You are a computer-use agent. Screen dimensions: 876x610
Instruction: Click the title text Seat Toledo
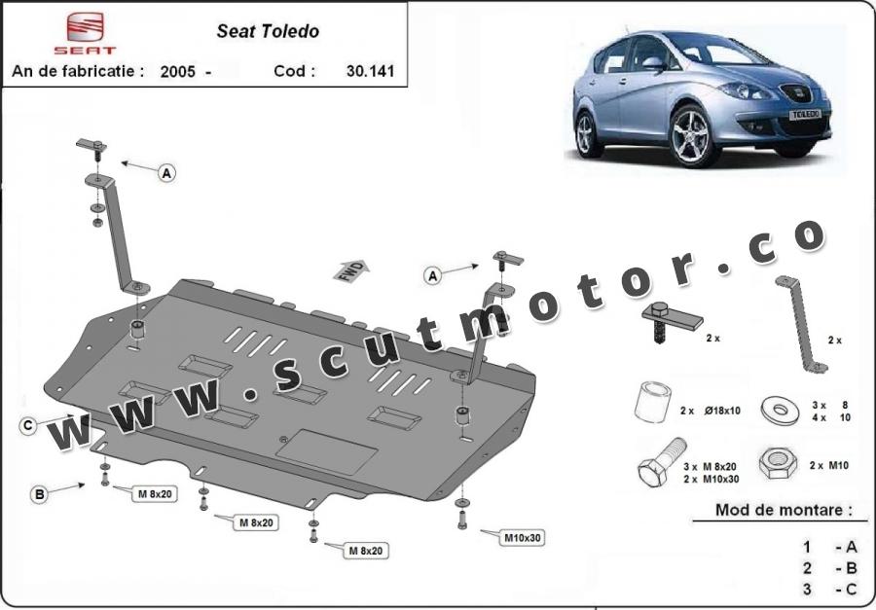[268, 31]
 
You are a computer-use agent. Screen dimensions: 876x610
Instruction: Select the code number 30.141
[370, 71]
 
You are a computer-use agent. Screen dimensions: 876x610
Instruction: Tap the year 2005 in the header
[178, 71]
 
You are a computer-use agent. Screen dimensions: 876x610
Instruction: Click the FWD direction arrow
[350, 270]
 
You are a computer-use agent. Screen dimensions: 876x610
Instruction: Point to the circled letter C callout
[27, 426]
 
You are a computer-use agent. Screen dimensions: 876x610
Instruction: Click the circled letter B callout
[39, 494]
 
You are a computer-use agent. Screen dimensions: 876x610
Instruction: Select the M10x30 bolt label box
[523, 538]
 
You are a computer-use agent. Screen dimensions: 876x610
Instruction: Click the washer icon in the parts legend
[780, 411]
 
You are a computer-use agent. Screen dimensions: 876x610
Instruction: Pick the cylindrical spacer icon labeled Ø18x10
[652, 402]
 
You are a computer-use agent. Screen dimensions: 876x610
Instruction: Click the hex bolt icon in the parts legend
[662, 461]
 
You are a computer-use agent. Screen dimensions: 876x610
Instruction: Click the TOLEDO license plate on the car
[805, 115]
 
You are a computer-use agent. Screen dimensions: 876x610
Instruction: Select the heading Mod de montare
[784, 510]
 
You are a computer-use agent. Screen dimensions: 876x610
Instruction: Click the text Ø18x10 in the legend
[722, 411]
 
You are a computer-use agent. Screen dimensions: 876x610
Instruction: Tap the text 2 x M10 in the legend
[829, 465]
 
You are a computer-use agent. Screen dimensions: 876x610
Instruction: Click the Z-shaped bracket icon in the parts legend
[801, 324]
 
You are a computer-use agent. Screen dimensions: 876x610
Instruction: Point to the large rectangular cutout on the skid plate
[327, 451]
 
